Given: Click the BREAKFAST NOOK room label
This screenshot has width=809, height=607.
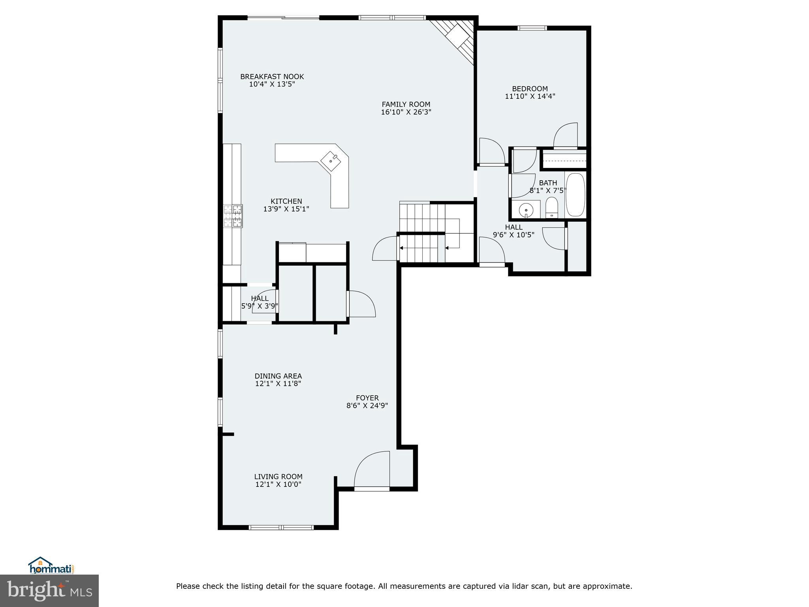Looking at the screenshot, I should (272, 77).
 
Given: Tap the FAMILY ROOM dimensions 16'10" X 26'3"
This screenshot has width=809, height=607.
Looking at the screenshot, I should (406, 112).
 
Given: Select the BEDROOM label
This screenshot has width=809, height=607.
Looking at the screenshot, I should (530, 89).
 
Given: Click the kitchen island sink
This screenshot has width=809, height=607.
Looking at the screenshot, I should (331, 161).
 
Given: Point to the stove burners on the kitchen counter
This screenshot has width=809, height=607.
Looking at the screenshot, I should (233, 216).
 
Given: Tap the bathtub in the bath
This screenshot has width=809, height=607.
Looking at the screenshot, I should (575, 194).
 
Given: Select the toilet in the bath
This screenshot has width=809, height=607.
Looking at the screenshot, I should (551, 208).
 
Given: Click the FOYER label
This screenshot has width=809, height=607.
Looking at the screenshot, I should (367, 398).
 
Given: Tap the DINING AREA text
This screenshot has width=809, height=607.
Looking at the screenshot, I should (278, 376).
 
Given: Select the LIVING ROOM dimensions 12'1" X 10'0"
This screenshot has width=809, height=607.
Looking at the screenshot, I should (278, 484).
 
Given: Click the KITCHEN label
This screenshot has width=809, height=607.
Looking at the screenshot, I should (286, 202).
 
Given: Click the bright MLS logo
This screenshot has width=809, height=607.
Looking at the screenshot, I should (49, 590).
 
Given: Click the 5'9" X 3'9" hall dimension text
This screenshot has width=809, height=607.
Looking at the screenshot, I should (260, 306).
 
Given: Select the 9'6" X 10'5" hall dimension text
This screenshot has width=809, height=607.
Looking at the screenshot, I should (513, 235).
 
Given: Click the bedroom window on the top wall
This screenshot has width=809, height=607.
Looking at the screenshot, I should (532, 28).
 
